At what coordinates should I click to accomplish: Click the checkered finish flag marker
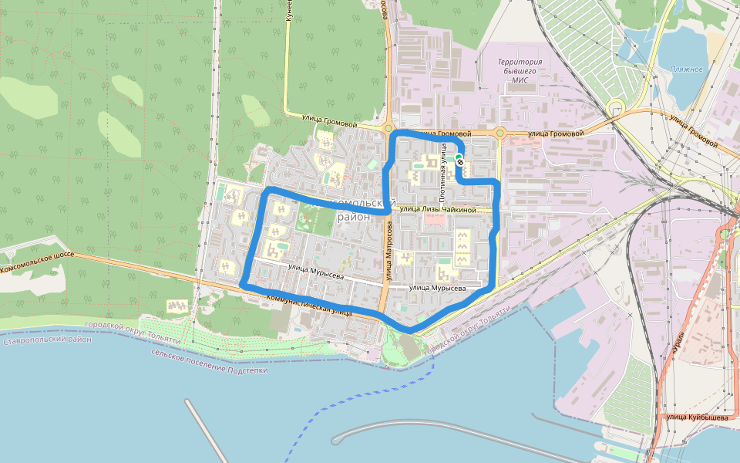(460, 162)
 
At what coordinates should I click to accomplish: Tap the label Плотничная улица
(444, 162)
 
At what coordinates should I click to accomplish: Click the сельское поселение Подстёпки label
(210, 360)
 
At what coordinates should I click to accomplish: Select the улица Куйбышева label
(697, 417)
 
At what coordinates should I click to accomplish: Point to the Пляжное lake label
(686, 69)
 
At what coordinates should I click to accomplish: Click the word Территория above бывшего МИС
(520, 62)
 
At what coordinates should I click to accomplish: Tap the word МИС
(520, 79)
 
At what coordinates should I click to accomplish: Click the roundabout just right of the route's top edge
(499, 133)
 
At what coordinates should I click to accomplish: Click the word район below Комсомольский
(354, 217)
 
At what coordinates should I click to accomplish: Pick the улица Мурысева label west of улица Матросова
(315, 272)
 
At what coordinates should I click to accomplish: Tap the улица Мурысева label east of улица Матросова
(437, 288)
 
